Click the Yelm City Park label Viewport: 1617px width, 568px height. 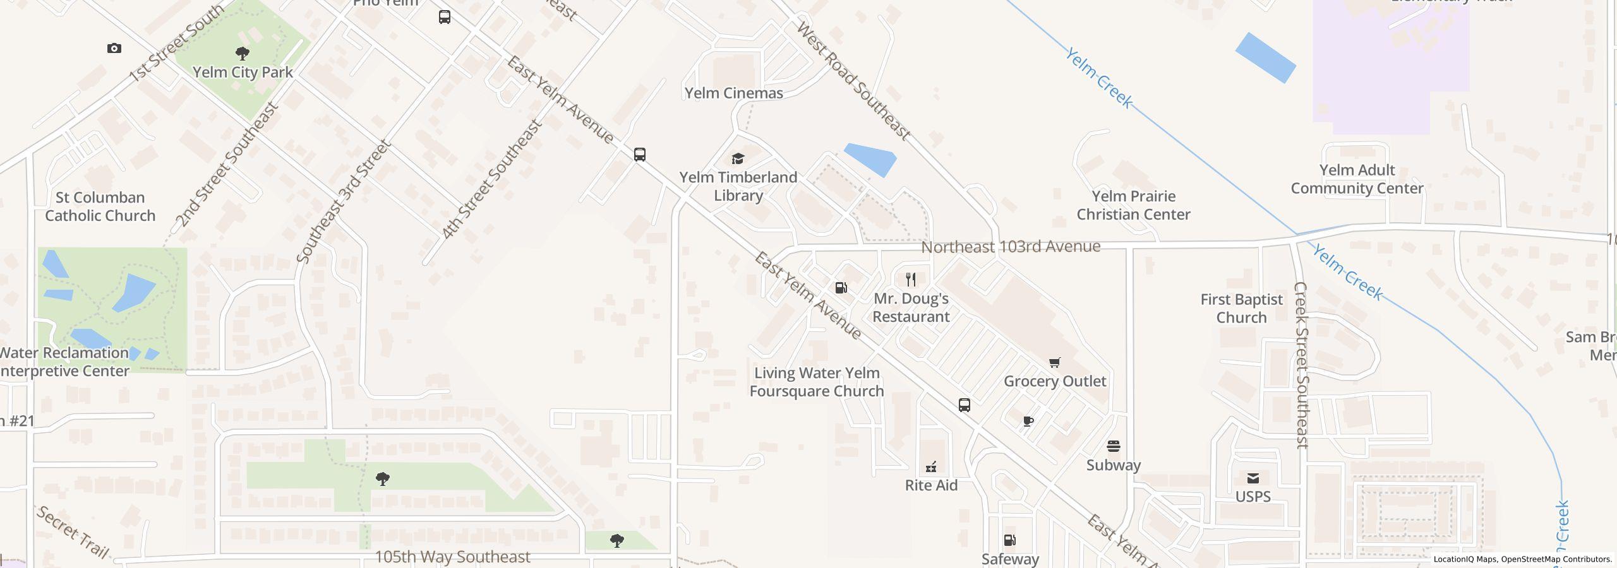coord(243,73)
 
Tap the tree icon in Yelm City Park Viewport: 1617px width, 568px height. coord(242,53)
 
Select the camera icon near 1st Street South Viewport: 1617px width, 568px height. coord(114,48)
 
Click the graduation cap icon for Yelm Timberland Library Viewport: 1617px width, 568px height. coord(738,158)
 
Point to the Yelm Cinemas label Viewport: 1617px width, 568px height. coord(733,93)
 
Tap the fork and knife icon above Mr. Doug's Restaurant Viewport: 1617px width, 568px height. coord(910,279)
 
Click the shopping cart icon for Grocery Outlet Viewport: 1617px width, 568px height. coord(1054,362)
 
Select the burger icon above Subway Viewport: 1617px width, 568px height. coord(1113,446)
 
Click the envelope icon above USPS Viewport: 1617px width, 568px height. coord(1253,478)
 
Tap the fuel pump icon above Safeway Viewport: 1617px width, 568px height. coord(1009,540)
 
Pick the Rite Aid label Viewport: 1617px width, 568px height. coord(931,485)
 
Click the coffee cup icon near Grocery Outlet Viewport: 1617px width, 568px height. coord(1028,421)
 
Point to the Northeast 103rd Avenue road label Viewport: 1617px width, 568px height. coord(1011,247)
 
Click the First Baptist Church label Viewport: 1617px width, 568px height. coord(1241,309)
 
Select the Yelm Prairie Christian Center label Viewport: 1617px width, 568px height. coord(1133,205)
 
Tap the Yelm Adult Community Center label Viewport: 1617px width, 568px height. coord(1357,179)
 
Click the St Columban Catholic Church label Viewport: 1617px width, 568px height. coord(100,206)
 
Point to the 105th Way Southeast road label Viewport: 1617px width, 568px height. coord(452,557)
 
